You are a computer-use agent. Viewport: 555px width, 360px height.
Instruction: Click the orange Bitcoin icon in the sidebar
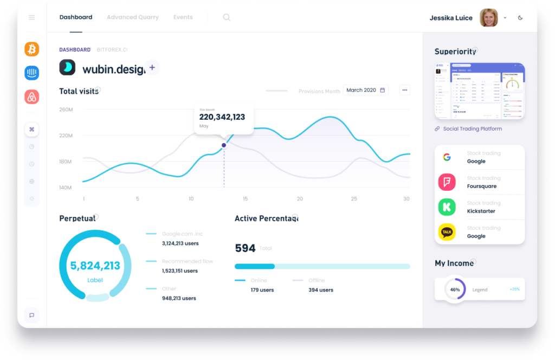(31, 49)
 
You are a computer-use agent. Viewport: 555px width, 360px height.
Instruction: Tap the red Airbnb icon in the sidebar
(31, 97)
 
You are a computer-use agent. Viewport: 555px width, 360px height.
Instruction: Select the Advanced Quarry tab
(132, 17)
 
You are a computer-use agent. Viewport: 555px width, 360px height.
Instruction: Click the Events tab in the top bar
(183, 17)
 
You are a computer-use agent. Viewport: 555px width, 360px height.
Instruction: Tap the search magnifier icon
(227, 17)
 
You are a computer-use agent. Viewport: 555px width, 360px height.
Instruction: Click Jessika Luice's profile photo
(488, 18)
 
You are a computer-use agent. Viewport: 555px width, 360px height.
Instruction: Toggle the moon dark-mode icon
(520, 18)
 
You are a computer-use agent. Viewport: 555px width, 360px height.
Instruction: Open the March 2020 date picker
(365, 90)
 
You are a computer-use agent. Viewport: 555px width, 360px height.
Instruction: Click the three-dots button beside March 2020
(404, 90)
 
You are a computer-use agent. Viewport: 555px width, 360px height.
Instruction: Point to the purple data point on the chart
(224, 145)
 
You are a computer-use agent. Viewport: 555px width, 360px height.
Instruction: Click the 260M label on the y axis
(66, 110)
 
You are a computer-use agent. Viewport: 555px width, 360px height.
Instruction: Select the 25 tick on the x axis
(354, 199)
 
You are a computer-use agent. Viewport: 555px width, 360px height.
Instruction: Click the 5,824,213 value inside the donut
(95, 266)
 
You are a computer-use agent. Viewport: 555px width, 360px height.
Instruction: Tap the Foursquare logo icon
(447, 182)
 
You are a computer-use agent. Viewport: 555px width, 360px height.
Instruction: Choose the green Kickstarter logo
(447, 207)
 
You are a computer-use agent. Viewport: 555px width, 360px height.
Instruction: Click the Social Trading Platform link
(472, 129)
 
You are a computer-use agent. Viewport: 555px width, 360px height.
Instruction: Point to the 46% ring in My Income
(455, 290)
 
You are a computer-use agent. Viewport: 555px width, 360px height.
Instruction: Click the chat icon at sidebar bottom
(31, 315)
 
